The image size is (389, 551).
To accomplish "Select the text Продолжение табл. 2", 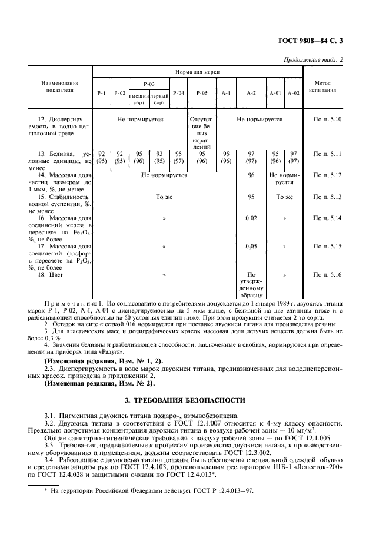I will [331, 59].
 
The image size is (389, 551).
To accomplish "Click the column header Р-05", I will [202, 93].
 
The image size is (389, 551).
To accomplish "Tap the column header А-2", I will [251, 93].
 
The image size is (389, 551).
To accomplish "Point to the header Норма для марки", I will [197, 71].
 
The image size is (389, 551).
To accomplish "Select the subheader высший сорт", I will [139, 98].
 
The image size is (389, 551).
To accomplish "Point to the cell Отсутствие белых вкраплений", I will [202, 134].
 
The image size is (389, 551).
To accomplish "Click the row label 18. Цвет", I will [50, 275].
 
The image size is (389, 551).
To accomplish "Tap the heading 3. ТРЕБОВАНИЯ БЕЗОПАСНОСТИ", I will [195, 400].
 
